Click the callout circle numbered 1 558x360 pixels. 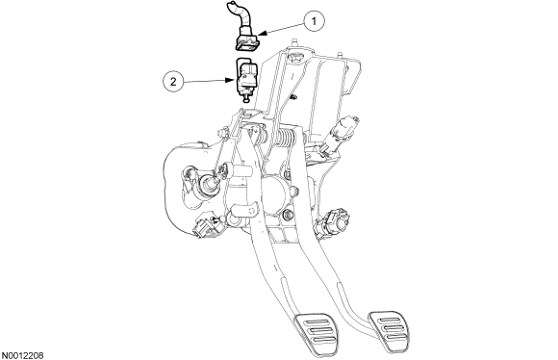pos(314,21)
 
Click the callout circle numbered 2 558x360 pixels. pos(173,82)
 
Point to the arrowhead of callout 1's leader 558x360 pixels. pos(261,34)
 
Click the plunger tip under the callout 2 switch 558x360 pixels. pos(246,100)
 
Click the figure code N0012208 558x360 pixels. pos(22,355)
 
